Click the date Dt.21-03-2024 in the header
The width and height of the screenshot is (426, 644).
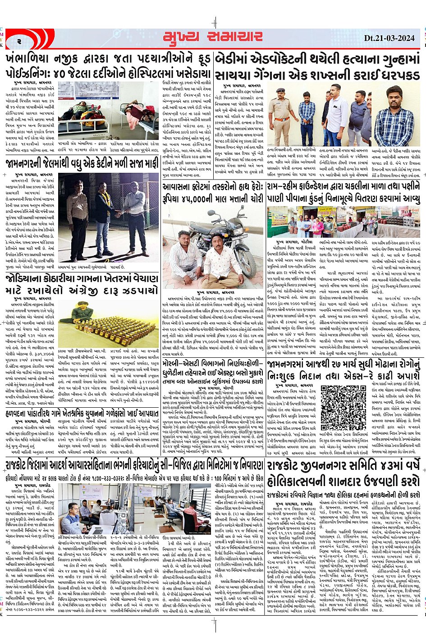click(390, 38)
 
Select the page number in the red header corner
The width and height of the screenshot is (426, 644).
click(19, 41)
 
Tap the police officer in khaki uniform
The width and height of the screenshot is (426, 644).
click(282, 116)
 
